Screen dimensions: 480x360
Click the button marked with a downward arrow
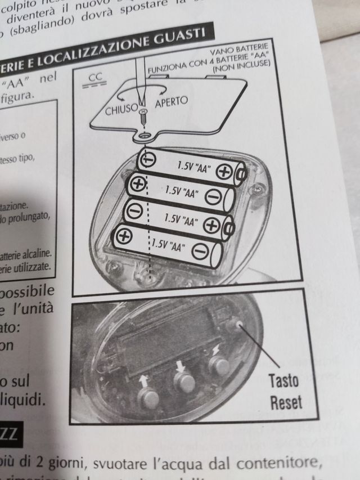[x=183, y=382]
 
